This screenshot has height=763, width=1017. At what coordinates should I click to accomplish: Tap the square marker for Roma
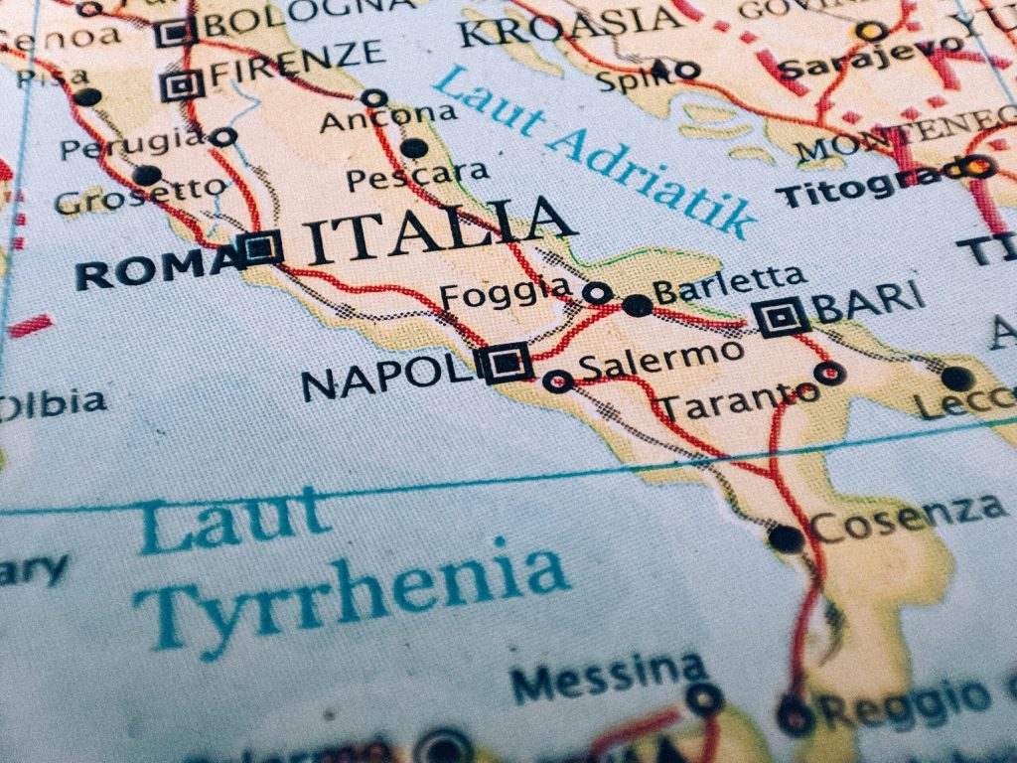tap(261, 246)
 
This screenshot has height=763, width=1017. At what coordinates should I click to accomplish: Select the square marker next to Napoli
tap(506, 363)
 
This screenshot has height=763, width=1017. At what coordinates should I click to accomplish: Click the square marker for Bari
tap(782, 317)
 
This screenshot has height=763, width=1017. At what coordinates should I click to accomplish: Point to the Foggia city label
tap(506, 294)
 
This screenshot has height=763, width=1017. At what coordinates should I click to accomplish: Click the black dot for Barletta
tap(637, 305)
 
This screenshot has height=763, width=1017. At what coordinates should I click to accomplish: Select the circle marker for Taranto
tap(829, 374)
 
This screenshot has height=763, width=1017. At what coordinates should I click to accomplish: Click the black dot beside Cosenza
tap(786, 538)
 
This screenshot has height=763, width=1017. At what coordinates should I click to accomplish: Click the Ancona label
tap(388, 119)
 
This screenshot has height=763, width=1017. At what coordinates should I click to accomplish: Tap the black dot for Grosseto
tap(147, 176)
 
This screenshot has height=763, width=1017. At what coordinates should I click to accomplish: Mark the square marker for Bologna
tap(173, 33)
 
